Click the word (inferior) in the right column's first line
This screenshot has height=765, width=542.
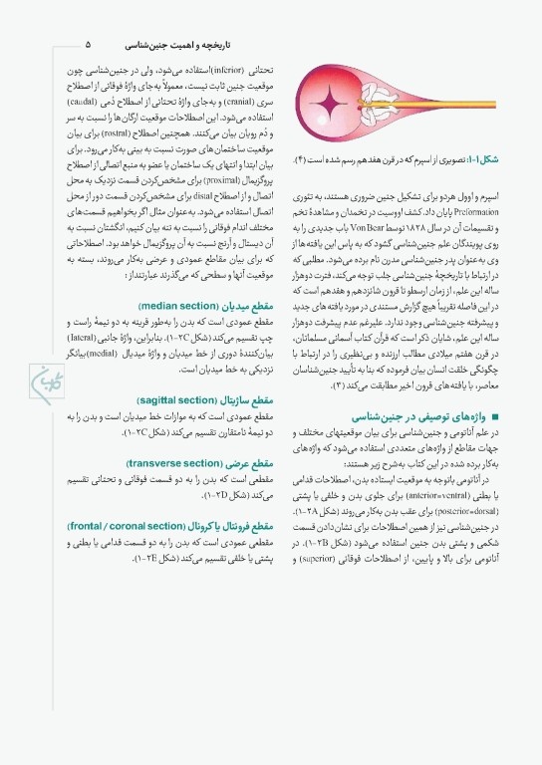pyautogui.click(x=229, y=74)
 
